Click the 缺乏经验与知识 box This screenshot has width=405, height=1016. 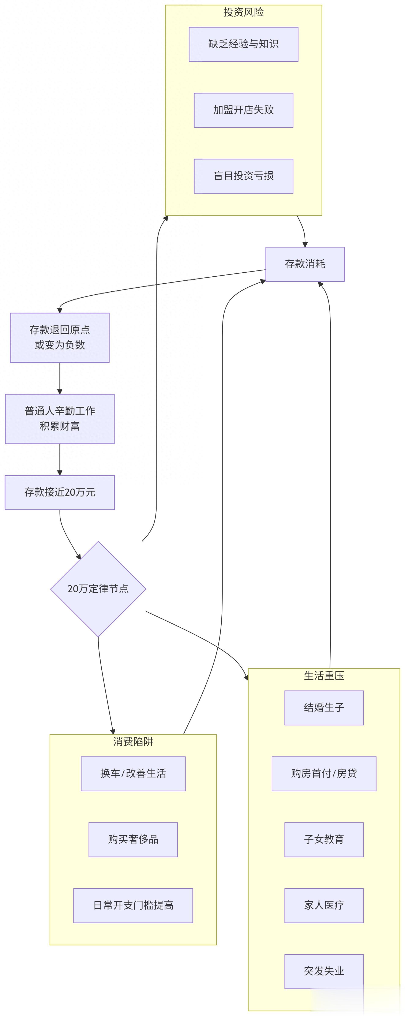[243, 44]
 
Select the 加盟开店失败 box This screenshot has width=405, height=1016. [243, 110]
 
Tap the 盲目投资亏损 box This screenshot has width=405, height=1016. [243, 176]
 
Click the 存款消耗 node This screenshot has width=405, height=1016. [305, 264]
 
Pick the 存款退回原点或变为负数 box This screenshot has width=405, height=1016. [60, 338]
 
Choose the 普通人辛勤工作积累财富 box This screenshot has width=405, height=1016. [60, 419]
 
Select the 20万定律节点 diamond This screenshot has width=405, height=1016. [98, 589]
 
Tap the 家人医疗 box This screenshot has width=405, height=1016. [324, 905]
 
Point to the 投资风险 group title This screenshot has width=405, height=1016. [243, 12]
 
